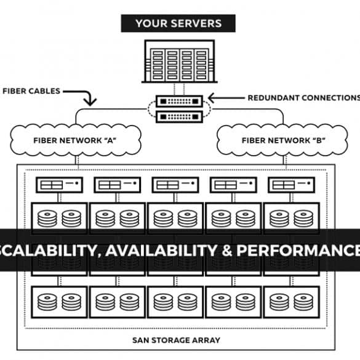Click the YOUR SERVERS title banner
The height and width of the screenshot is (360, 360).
point(178,23)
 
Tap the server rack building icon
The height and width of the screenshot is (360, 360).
point(179,62)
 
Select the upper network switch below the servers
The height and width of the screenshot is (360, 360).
point(179,102)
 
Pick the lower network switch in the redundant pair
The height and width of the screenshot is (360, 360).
point(179,117)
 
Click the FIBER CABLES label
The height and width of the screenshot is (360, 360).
point(31,91)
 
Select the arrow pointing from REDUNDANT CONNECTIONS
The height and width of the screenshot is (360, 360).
point(226,98)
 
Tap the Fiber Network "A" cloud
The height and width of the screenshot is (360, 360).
point(76,140)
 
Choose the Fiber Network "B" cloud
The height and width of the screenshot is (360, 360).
point(282,140)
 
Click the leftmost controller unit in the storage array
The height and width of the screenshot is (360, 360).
point(59,185)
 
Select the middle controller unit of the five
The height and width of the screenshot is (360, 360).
point(175,185)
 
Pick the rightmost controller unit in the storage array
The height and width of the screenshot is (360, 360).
point(292,185)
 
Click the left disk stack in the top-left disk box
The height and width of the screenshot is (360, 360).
point(47,218)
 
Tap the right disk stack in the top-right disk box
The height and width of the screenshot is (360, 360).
point(303,218)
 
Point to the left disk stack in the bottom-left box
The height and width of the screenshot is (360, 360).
point(47,302)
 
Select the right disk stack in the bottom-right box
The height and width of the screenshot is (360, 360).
point(303,302)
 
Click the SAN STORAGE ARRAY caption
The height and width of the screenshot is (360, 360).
point(177,340)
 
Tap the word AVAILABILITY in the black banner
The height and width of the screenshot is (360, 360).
point(161,250)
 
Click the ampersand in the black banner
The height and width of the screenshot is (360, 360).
point(227,250)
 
